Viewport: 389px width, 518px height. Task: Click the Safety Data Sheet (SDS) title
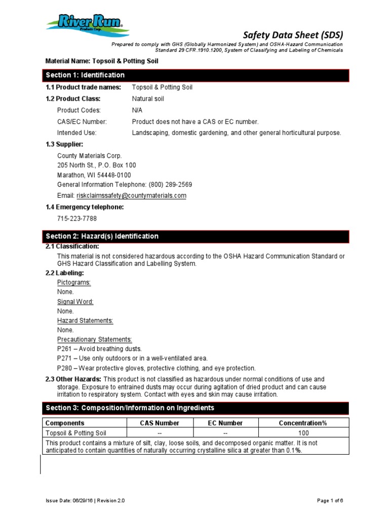pos(293,35)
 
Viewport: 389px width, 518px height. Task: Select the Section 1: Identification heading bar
pos(196,75)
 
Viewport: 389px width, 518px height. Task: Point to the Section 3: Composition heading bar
pos(196,408)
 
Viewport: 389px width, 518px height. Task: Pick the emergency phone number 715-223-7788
pos(77,219)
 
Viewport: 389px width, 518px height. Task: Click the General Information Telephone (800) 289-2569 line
pos(125,185)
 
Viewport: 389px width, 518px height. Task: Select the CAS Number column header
pos(160,423)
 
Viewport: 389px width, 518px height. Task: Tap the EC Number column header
pos(225,423)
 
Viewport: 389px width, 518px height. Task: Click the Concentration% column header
pos(303,423)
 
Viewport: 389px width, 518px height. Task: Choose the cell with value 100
pos(303,433)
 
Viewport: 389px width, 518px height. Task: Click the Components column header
pos(65,423)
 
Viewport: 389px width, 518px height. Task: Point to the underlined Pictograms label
pos(74,282)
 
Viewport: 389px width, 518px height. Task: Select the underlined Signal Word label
pos(75,301)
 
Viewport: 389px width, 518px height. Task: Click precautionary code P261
pos(65,349)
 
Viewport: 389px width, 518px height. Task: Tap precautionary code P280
pos(65,368)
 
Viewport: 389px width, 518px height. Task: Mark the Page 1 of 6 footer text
pos(330,500)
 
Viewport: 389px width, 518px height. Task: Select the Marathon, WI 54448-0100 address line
pos(94,175)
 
